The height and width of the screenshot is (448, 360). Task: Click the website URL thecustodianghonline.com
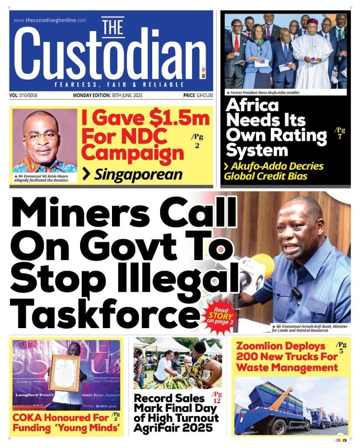click(49, 20)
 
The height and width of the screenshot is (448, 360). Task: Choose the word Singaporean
click(138, 175)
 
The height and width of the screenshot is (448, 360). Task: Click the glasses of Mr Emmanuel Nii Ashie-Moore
click(41, 136)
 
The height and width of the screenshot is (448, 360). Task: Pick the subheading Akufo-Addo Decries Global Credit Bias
click(274, 171)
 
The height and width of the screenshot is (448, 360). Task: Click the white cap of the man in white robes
click(312, 21)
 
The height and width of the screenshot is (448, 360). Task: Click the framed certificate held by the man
click(64, 373)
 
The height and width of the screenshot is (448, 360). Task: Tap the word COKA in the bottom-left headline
click(31, 417)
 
